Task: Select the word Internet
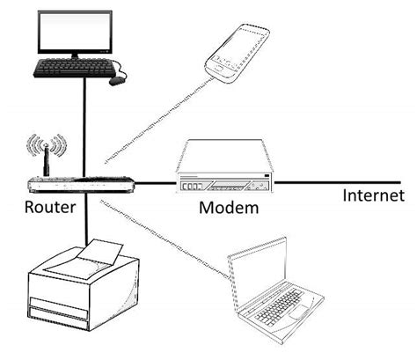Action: coord(373,195)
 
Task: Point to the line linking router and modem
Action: coord(156,184)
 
